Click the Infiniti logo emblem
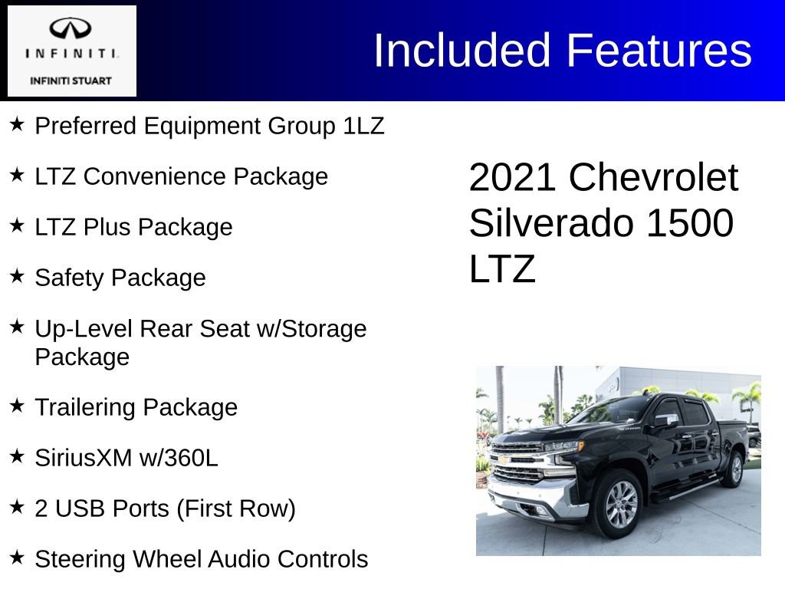click(71, 29)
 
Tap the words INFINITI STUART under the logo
click(71, 81)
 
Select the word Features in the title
click(659, 51)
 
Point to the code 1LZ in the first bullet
click(363, 126)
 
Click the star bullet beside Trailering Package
click(18, 406)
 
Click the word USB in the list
click(75, 508)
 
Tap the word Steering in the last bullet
click(80, 560)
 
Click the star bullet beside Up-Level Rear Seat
click(18, 327)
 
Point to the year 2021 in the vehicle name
click(512, 178)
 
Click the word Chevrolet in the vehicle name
click(653, 178)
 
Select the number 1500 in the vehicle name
click(690, 223)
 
